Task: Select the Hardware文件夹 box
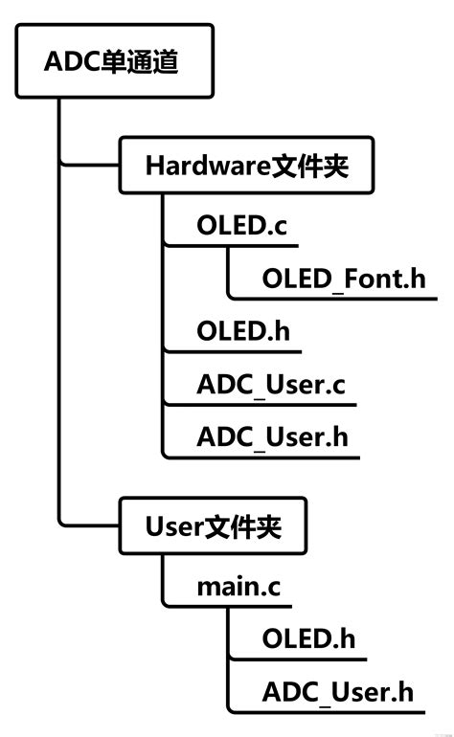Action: (x=245, y=166)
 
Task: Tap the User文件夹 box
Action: (x=212, y=525)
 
